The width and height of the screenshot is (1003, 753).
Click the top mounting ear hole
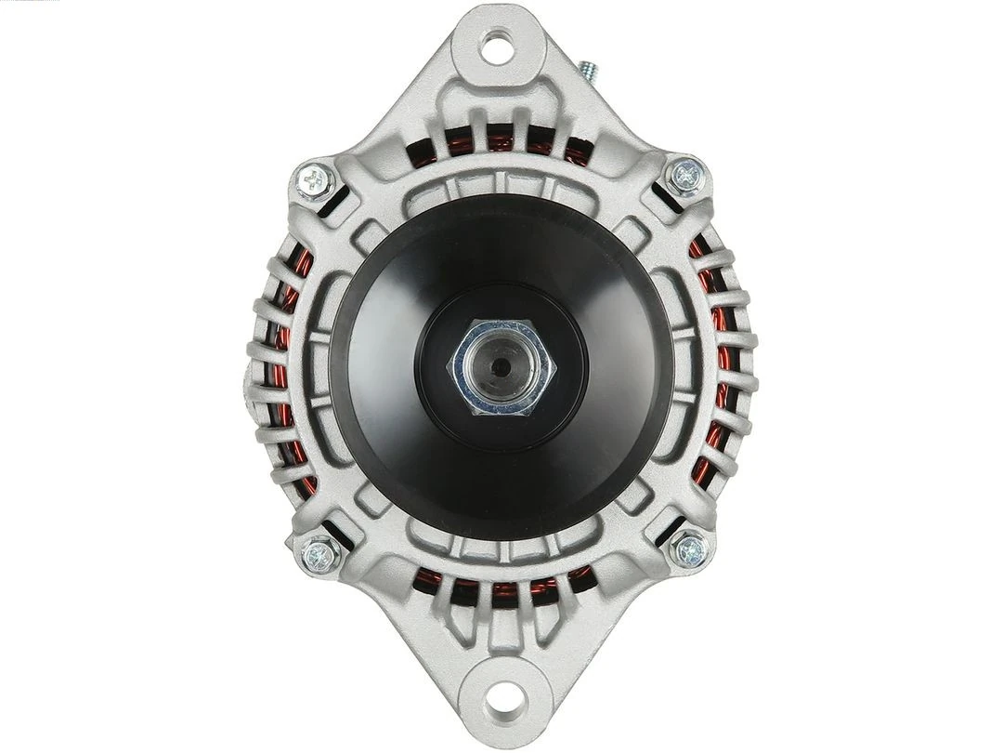coord(497,46)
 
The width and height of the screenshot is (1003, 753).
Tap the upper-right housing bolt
coord(686,175)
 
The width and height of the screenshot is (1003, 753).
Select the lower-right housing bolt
coord(690,548)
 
